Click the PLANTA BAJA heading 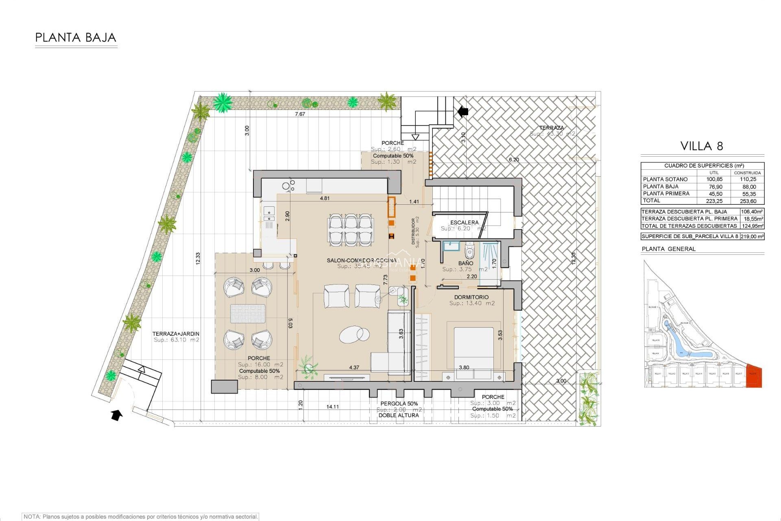[x=76, y=38]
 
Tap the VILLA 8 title [x=702, y=146]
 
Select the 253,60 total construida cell [x=748, y=201]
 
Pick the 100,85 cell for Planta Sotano [x=714, y=179]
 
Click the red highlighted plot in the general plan [x=754, y=377]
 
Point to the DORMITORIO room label [x=471, y=297]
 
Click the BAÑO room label [x=465, y=263]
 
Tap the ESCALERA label [x=464, y=222]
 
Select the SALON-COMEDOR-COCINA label [x=361, y=260]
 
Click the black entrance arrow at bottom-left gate [x=117, y=415]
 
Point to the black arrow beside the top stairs [x=463, y=111]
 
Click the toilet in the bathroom [x=469, y=252]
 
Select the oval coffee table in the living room [x=354, y=335]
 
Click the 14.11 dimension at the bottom [x=332, y=407]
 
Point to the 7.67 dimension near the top [x=300, y=114]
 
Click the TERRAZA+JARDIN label [x=176, y=334]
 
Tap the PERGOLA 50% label [x=399, y=403]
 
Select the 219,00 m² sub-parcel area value [x=752, y=236]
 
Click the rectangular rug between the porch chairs [x=248, y=314]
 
